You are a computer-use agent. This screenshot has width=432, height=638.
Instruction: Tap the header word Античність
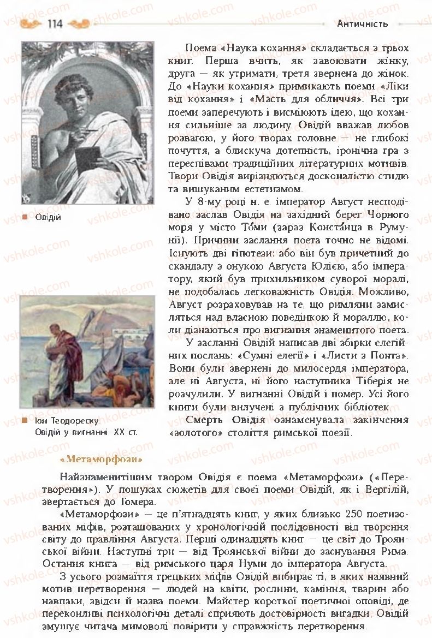pos(363,23)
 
